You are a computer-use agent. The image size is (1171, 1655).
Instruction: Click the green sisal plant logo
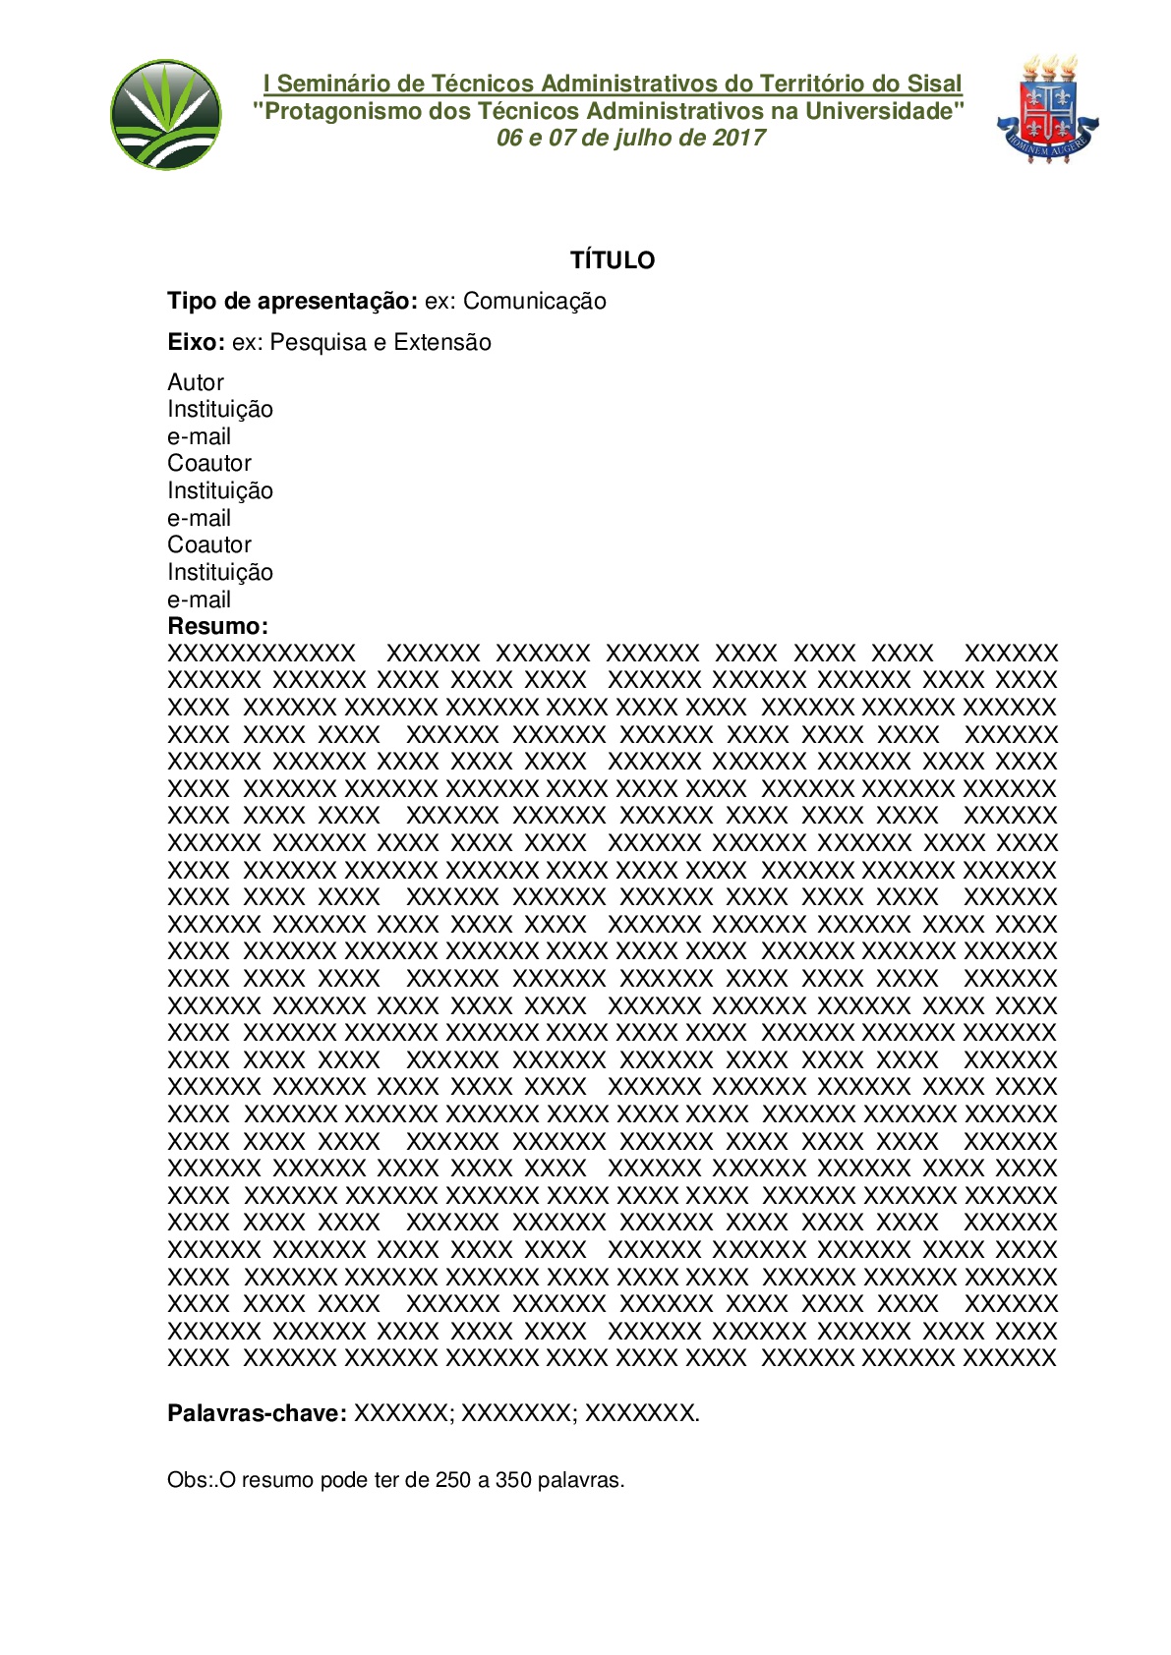pyautogui.click(x=166, y=114)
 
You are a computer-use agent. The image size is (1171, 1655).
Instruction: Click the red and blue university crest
pyautogui.click(x=1047, y=109)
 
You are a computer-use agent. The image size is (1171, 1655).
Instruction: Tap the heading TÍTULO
pyautogui.click(x=613, y=260)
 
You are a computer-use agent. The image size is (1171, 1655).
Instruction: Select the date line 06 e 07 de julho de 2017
pyautogui.click(x=630, y=138)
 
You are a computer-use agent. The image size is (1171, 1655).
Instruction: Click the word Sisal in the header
pyautogui.click(x=934, y=85)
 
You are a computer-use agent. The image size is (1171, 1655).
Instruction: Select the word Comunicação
pyautogui.click(x=534, y=302)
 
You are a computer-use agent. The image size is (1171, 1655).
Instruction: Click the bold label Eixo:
pyautogui.click(x=196, y=343)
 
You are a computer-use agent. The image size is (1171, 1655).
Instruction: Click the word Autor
pyautogui.click(x=196, y=382)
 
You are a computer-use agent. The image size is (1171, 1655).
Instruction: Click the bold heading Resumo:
pyautogui.click(x=217, y=626)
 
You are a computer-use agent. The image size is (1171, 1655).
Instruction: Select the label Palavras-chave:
pyautogui.click(x=257, y=1413)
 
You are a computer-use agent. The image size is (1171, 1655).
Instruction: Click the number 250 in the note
pyautogui.click(x=452, y=1480)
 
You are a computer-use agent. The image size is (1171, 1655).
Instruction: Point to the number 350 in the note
pyautogui.click(x=513, y=1480)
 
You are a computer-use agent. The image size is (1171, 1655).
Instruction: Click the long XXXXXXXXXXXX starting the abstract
pyautogui.click(x=262, y=654)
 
